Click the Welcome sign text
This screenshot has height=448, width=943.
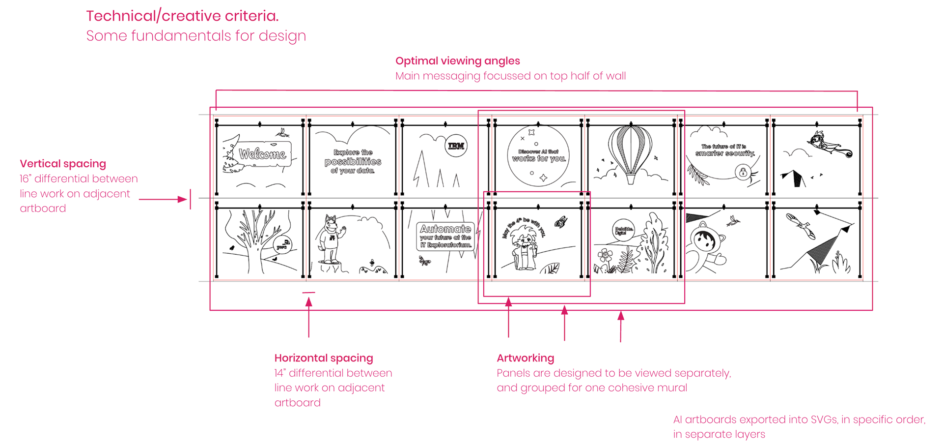(x=263, y=154)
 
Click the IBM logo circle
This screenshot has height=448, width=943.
(x=456, y=146)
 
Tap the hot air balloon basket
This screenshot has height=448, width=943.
(x=631, y=179)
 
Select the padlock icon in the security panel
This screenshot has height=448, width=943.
(x=743, y=172)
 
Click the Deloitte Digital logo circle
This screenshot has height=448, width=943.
(x=623, y=230)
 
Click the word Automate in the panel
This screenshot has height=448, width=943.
(x=445, y=229)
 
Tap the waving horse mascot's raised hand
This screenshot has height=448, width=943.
(x=343, y=229)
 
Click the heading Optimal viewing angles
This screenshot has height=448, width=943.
(x=457, y=61)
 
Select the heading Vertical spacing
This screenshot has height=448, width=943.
(x=63, y=164)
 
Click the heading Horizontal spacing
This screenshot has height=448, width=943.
(x=324, y=358)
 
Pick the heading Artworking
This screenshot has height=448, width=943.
(x=525, y=358)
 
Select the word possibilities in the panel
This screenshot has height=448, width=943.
(x=353, y=162)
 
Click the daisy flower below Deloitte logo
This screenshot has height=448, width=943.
(x=605, y=255)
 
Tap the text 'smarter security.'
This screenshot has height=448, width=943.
(x=724, y=153)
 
